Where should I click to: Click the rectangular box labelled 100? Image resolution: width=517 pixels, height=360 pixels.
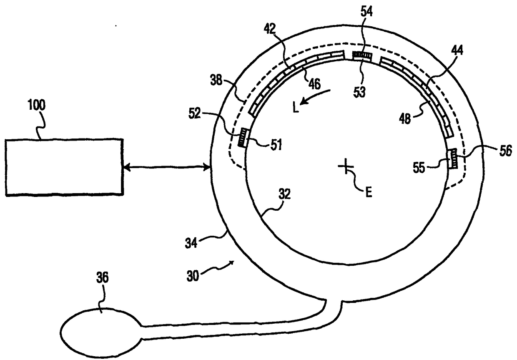[x=64, y=167]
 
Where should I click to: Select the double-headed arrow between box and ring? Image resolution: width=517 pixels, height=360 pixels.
[x=167, y=168]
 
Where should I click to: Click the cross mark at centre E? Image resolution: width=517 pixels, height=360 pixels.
[x=346, y=167]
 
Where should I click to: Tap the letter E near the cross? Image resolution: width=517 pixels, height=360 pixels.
[x=369, y=192]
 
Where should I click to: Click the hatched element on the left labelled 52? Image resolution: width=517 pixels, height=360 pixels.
[x=242, y=137]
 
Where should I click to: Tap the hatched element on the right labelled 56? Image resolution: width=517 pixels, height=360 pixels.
[x=452, y=159]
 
